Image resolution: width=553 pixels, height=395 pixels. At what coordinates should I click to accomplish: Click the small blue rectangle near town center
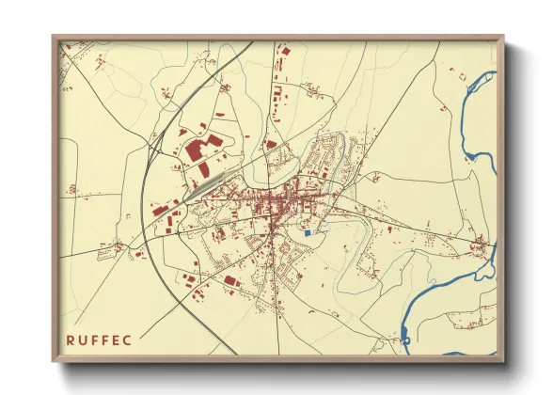pos(307,231)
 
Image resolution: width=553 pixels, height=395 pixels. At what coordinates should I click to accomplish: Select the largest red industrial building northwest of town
pos(195,150)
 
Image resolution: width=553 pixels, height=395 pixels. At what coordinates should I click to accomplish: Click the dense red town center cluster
pos(277,202)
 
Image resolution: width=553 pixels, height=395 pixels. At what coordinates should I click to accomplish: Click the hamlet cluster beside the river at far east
pos(482,246)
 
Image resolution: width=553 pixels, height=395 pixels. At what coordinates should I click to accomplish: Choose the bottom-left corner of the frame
pos(54,361)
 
